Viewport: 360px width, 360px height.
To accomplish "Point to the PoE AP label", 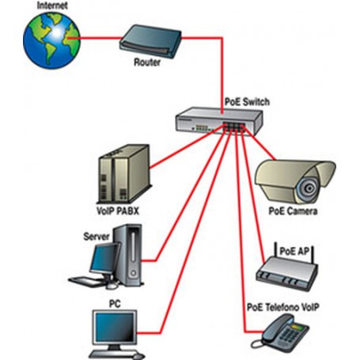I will [294, 250].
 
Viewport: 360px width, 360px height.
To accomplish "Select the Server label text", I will [96, 236].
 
